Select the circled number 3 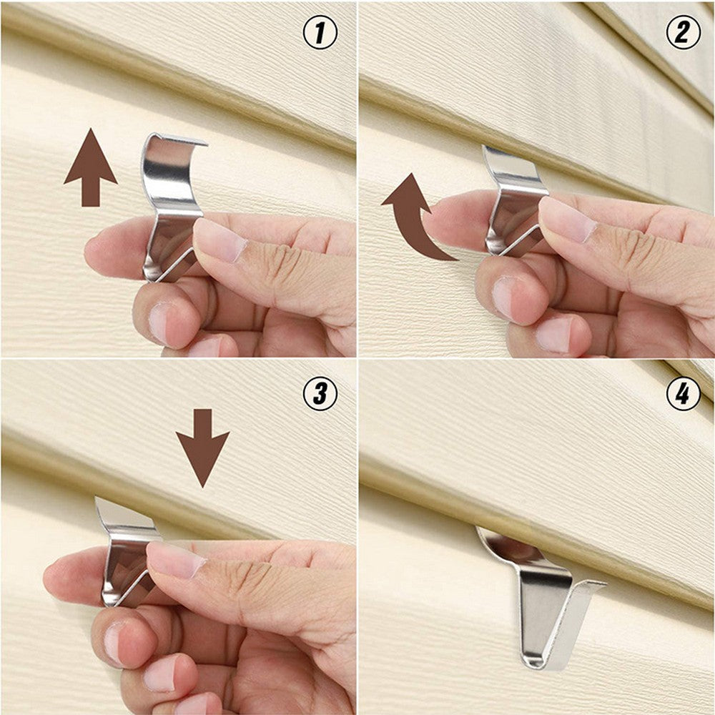[x=320, y=393]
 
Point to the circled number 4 [x=682, y=393]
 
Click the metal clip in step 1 [x=172, y=200]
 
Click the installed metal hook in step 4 [x=543, y=601]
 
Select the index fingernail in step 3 [x=175, y=560]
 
